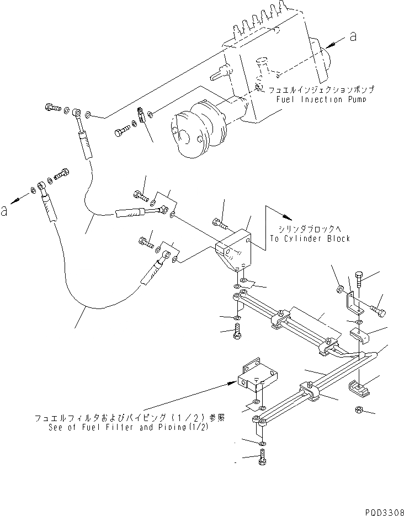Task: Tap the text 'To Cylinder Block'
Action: (x=311, y=238)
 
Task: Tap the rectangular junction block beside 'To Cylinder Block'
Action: (x=235, y=251)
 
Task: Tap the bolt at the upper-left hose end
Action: (x=53, y=108)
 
